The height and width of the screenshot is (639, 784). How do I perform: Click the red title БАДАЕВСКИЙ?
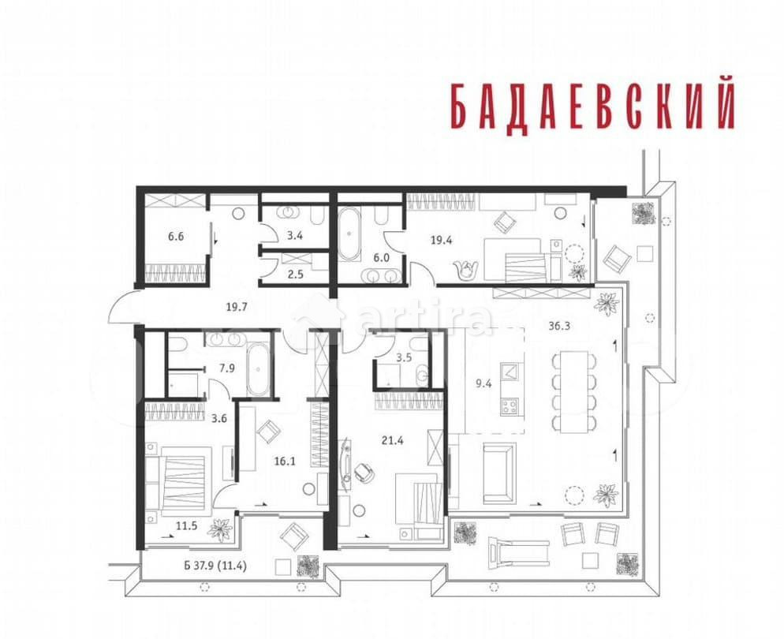click(592, 103)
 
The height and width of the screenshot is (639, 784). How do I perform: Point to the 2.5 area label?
click(274, 275)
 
